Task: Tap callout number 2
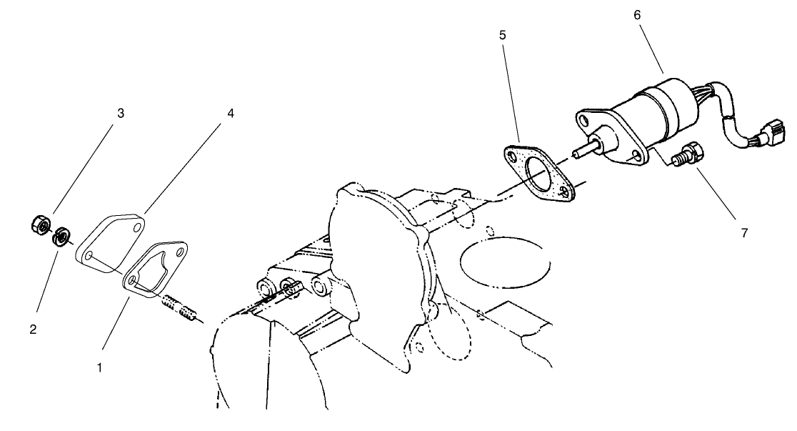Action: click(33, 330)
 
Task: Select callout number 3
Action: click(121, 113)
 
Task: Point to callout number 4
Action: click(231, 113)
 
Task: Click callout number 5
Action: click(503, 34)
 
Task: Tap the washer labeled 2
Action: click(61, 234)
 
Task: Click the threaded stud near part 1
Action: click(177, 308)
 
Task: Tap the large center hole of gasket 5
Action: click(541, 176)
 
